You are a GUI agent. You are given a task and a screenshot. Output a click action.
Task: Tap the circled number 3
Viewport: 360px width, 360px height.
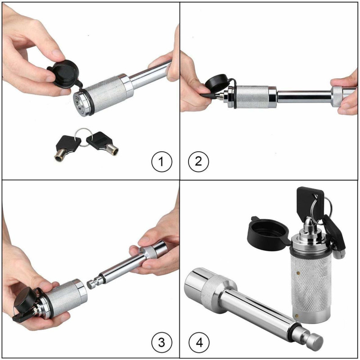point(162,343)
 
